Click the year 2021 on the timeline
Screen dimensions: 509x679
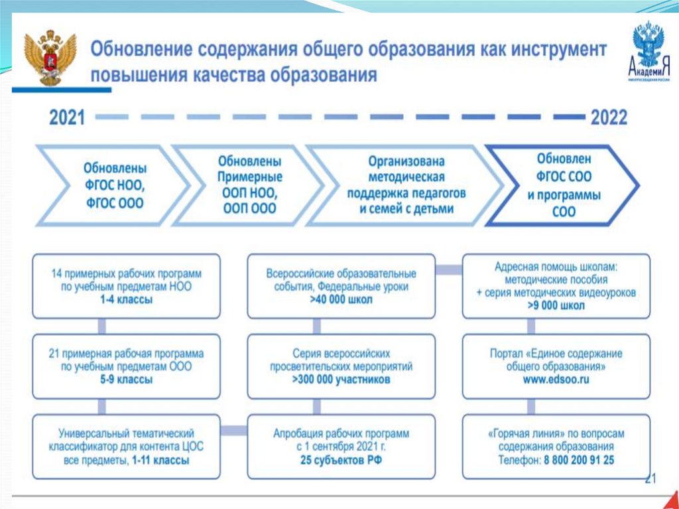[x=67, y=117]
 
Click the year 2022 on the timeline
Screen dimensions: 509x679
[x=609, y=117]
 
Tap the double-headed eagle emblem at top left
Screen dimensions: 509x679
[x=50, y=58]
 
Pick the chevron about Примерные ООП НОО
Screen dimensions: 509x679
[x=249, y=185]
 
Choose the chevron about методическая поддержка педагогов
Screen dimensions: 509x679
[x=406, y=185]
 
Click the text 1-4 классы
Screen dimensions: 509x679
[x=126, y=299]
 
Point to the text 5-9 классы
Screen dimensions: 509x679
[x=126, y=380]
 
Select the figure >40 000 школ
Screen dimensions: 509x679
[x=341, y=299]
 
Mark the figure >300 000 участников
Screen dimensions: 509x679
[x=341, y=380]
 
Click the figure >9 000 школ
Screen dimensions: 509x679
[x=556, y=306]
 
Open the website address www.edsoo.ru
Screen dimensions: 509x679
[x=556, y=380]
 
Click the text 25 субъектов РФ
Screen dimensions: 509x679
[x=341, y=460]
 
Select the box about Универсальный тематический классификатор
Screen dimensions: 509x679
[x=126, y=447]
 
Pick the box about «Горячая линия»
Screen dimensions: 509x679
[x=556, y=447]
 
